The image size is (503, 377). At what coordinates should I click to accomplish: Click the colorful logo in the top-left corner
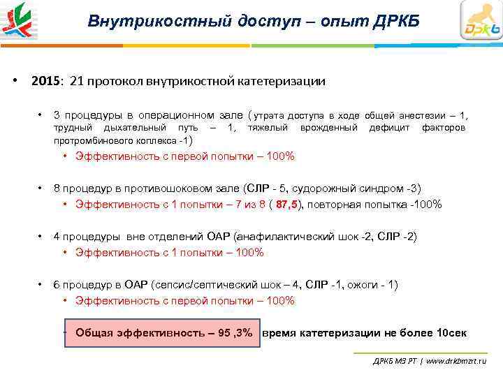[20, 20]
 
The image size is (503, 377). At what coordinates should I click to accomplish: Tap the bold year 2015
[46, 81]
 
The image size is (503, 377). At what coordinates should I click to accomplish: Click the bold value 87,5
[286, 205]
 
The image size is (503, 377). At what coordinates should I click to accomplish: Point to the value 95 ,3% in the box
[235, 333]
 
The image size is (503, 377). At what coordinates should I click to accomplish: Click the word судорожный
[323, 188]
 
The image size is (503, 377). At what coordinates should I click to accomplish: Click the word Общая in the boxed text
[94, 333]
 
